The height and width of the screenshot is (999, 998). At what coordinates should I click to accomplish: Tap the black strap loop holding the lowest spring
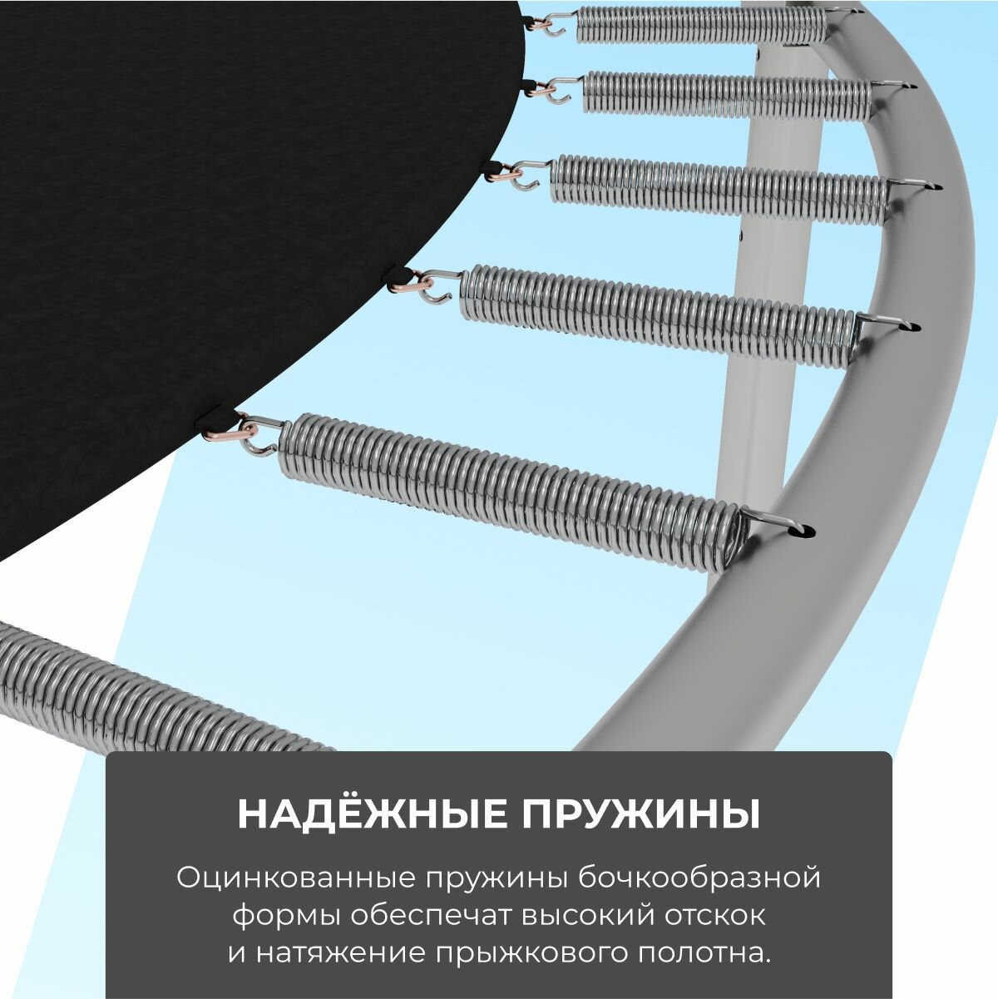coord(208,416)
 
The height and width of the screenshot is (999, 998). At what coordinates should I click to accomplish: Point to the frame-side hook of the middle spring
coord(915,185)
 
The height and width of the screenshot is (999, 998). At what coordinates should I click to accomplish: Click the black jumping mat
coord(208,208)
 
